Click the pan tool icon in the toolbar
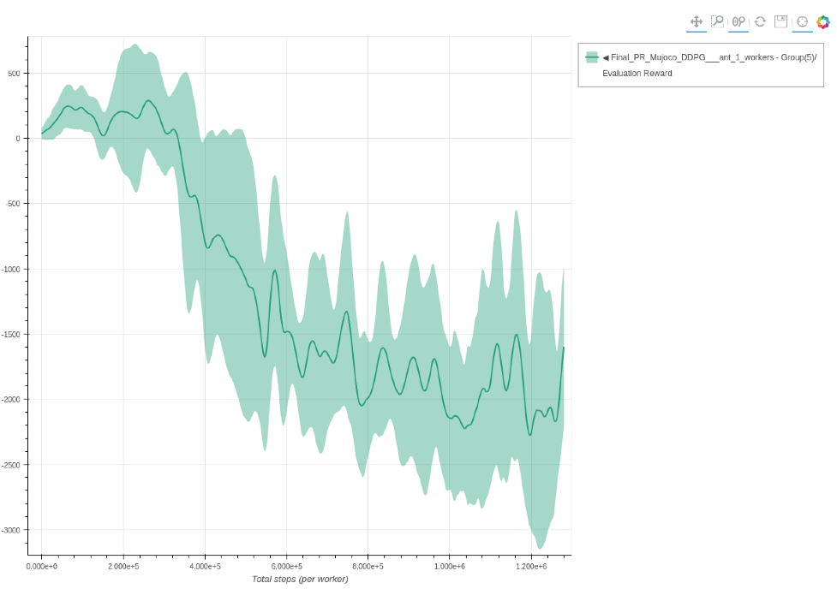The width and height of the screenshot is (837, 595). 697,21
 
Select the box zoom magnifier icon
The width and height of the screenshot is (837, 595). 718,21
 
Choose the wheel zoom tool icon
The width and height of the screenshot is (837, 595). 738,21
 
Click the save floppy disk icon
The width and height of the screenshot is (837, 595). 780,21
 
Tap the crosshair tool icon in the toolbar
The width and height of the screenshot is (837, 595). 802,21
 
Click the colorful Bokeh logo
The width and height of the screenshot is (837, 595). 822,21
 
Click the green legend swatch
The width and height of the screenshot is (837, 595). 591,57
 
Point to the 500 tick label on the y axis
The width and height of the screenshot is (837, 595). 15,74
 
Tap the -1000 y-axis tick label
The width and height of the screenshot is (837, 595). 12,270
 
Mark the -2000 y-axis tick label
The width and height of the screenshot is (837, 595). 12,400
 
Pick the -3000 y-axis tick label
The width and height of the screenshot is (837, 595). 12,531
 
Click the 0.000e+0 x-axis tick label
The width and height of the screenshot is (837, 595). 41,567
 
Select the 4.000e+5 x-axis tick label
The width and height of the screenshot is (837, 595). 205,567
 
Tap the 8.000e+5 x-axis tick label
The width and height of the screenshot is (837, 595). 368,567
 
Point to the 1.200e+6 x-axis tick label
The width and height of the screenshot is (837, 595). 531,567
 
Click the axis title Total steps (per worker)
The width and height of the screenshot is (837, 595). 300,580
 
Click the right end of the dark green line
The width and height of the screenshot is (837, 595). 564,348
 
